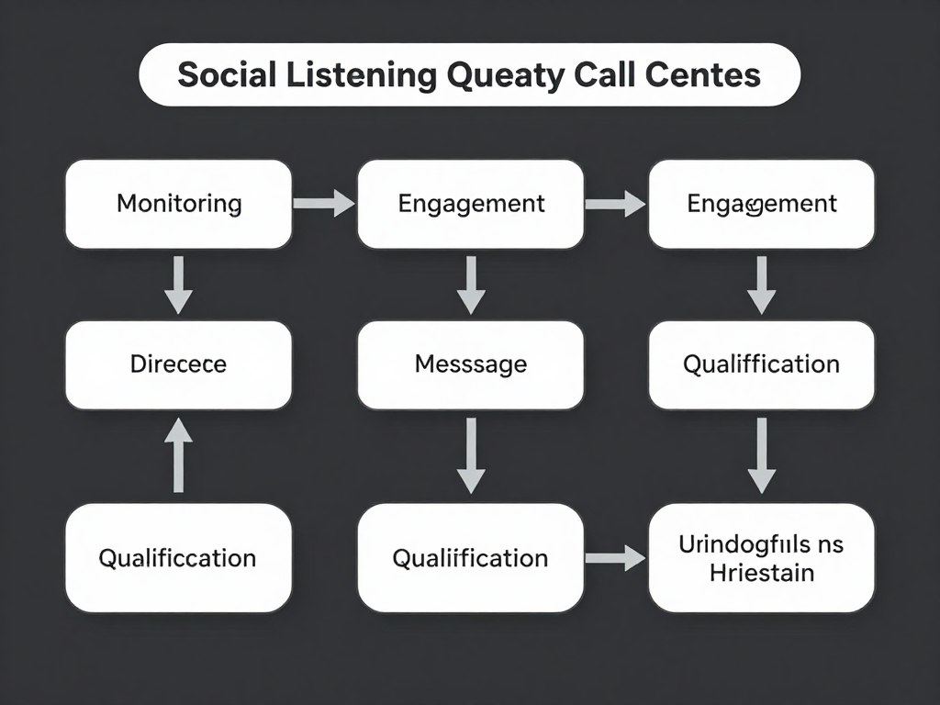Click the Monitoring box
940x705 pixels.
[179, 204]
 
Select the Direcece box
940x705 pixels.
[179, 364]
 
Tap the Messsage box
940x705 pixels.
[470, 364]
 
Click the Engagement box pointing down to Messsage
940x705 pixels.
[470, 204]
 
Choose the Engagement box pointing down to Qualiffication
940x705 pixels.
[761, 204]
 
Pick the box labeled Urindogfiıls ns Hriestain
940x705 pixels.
[761, 558]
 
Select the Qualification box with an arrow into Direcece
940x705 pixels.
[179, 558]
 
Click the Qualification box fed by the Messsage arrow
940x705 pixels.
[470, 558]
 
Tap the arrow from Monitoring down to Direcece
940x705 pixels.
[179, 285]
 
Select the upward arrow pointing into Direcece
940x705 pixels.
[179, 453]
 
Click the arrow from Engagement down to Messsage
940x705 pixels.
[470, 285]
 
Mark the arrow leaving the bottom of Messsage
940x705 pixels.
[470, 454]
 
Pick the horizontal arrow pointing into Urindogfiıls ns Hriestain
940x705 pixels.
[616, 556]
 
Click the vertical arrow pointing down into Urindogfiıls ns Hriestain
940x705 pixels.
[761, 454]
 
